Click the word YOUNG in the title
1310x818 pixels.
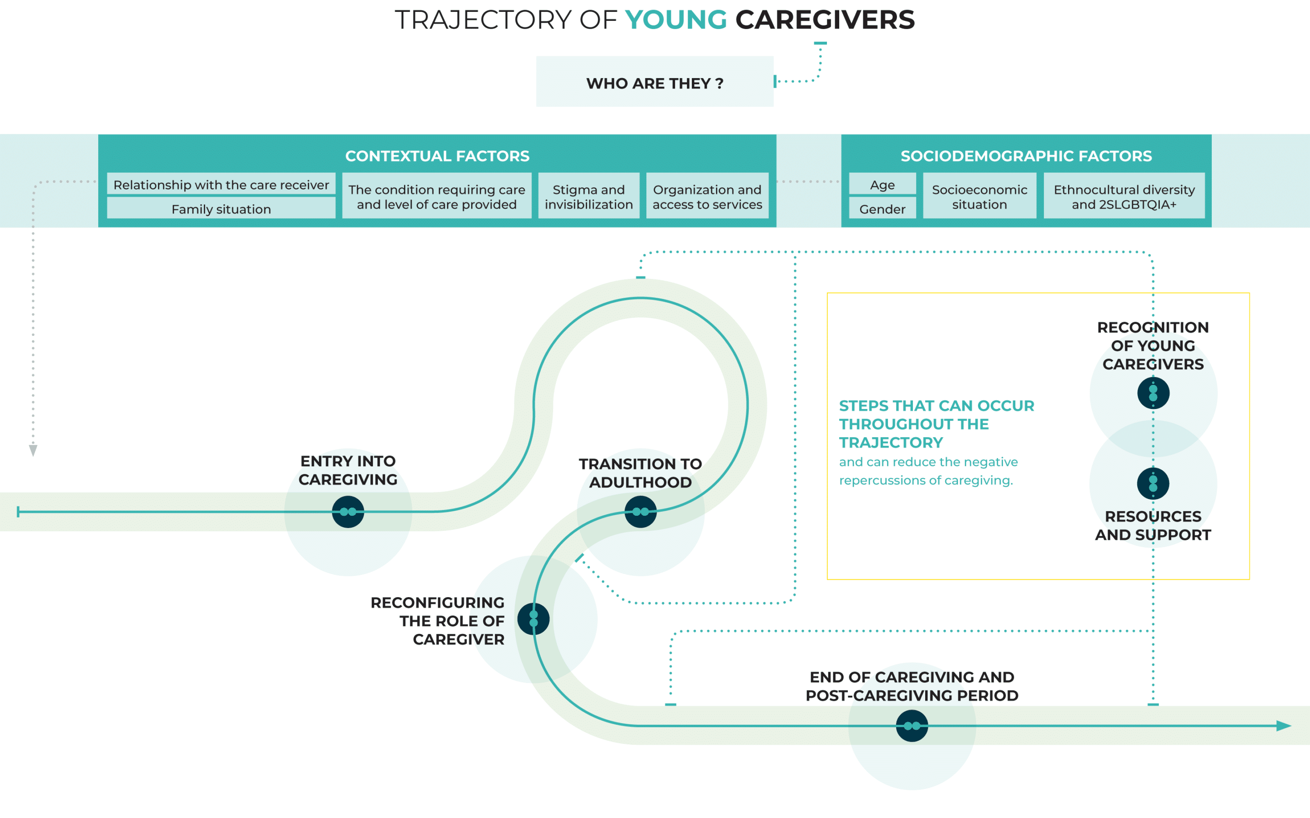(675, 20)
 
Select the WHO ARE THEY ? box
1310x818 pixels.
(655, 82)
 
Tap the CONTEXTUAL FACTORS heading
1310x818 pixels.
(437, 156)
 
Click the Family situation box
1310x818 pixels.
(221, 209)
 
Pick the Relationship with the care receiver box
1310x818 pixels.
(221, 185)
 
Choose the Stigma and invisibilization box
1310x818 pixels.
(589, 196)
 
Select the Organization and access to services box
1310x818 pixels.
(707, 196)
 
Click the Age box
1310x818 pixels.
(882, 185)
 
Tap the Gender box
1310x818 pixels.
(882, 209)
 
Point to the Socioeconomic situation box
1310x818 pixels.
(979, 196)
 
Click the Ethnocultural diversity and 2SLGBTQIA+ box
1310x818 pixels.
(1124, 196)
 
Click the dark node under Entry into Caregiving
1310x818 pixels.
(348, 511)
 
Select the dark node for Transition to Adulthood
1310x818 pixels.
(640, 511)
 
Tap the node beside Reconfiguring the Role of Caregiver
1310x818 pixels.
(533, 619)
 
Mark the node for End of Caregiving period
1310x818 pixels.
(912, 725)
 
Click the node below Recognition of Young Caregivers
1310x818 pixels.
(1153, 393)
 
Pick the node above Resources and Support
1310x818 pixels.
(1153, 483)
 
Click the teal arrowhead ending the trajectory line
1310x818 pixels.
(1284, 725)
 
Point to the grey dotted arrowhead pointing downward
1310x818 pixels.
(33, 450)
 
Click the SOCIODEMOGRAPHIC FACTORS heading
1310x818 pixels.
(1026, 156)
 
